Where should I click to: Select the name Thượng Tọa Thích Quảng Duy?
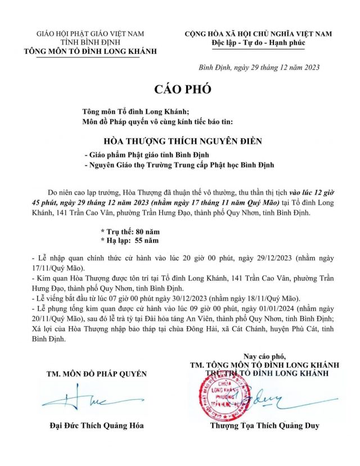264,426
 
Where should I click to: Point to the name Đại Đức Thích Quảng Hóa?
97,426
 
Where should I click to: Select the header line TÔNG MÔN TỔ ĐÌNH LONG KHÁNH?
91,51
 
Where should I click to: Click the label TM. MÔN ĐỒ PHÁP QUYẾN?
96,373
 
